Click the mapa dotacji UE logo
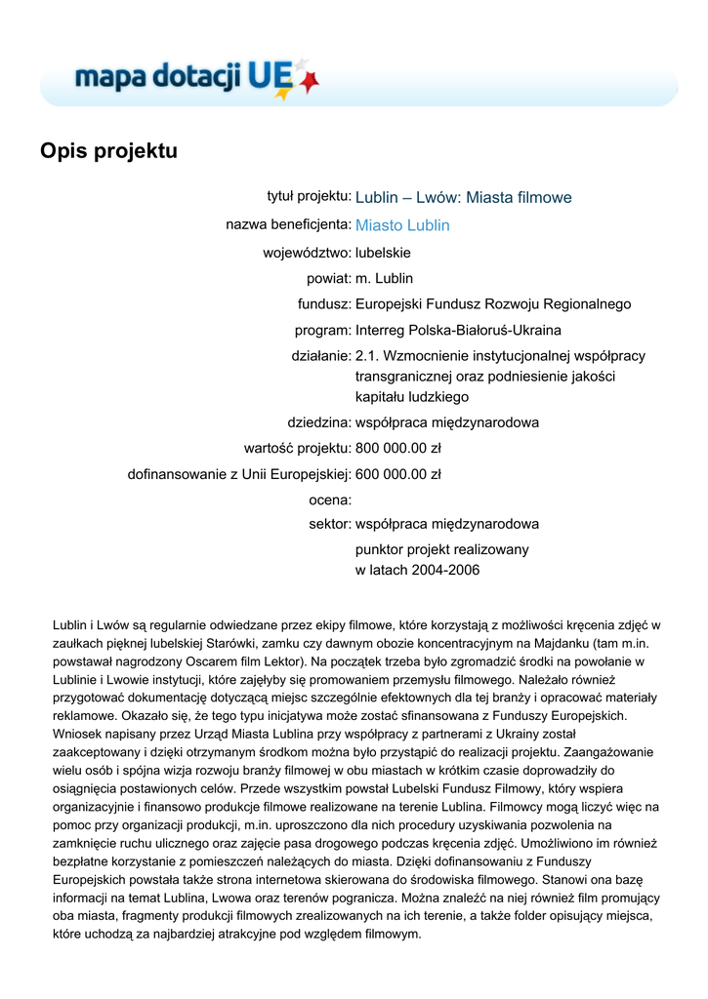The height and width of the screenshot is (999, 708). [x=195, y=77]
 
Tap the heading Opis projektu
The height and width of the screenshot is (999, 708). [x=108, y=151]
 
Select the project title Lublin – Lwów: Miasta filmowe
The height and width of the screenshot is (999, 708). [x=463, y=198]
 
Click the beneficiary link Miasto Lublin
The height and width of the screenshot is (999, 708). [x=402, y=225]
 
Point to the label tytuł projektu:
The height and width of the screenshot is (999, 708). [x=310, y=197]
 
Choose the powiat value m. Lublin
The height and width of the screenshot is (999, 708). [x=384, y=278]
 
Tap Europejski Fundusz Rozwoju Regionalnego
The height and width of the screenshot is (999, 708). [x=493, y=304]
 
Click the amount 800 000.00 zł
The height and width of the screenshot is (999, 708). [x=398, y=449]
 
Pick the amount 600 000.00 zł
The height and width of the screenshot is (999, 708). [x=398, y=475]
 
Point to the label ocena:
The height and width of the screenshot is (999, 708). [x=329, y=500]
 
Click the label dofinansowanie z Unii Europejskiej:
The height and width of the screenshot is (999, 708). [x=239, y=475]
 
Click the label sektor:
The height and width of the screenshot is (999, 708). [x=329, y=524]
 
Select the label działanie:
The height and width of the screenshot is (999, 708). [x=321, y=356]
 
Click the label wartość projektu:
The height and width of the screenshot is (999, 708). [x=297, y=449]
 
